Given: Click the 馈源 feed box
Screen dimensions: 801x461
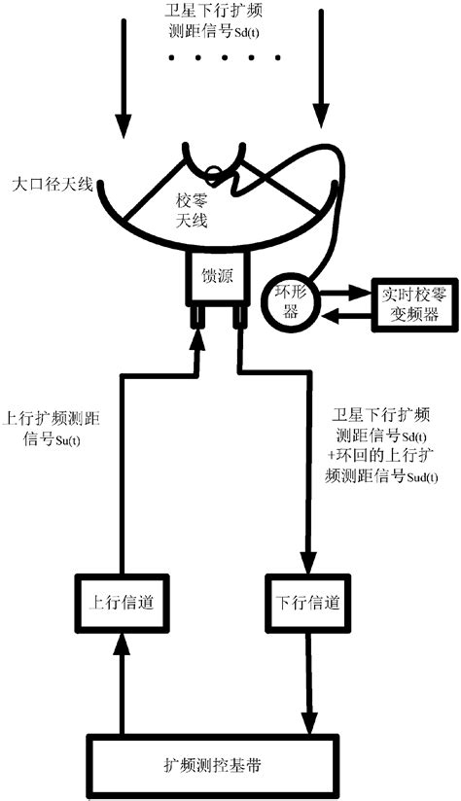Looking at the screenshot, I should (x=217, y=276).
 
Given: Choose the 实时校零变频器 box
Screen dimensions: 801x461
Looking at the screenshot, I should (x=406, y=304).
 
